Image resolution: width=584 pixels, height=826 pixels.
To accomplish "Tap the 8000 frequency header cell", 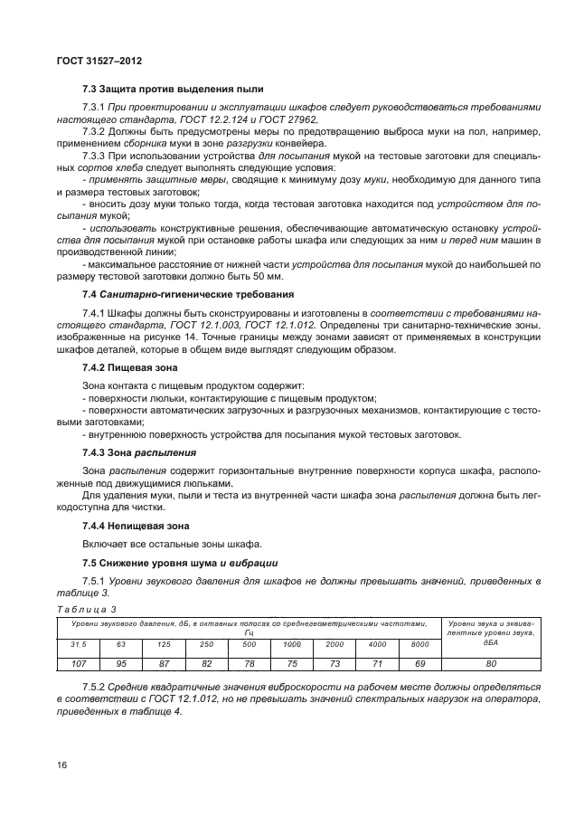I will point(419,643).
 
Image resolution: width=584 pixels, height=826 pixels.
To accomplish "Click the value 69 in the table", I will point(419,662).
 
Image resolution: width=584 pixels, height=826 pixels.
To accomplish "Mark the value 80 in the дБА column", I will point(490,662).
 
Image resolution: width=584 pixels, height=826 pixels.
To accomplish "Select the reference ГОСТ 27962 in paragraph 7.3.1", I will point(284,118).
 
